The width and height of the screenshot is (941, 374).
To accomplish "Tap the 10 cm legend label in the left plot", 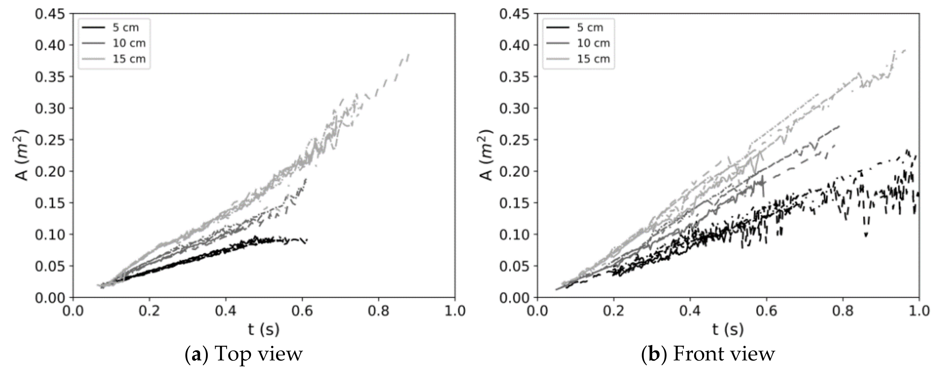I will [x=129, y=43].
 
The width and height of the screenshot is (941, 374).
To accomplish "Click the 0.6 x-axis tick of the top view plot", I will [x=302, y=311].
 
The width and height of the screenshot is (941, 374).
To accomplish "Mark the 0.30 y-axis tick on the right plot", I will [x=514, y=108].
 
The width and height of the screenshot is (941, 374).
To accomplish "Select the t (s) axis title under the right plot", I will [x=728, y=329].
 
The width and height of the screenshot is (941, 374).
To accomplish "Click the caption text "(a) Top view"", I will [x=244, y=354].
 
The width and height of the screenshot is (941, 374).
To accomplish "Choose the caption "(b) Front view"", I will [x=708, y=354].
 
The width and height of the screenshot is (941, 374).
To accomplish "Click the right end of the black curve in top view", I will [x=307, y=240].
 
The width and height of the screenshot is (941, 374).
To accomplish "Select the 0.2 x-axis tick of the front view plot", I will [x=614, y=311].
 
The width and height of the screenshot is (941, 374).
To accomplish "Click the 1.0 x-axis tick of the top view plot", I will [x=454, y=311].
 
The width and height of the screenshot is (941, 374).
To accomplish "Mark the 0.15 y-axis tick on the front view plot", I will [x=514, y=203].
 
